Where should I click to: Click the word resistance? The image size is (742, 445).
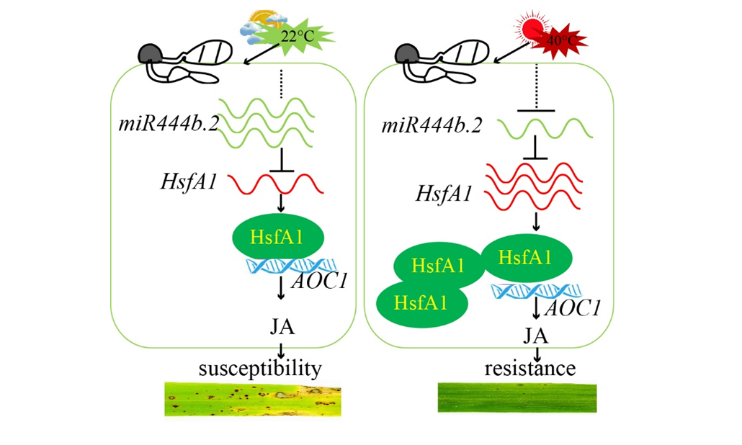coord(530,369)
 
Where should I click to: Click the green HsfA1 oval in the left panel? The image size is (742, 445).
coord(278,237)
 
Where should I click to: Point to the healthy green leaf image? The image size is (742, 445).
coord(518,397)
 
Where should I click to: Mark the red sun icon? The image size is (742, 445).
coord(535,29)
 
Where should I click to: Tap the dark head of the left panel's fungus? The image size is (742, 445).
coord(152,53)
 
